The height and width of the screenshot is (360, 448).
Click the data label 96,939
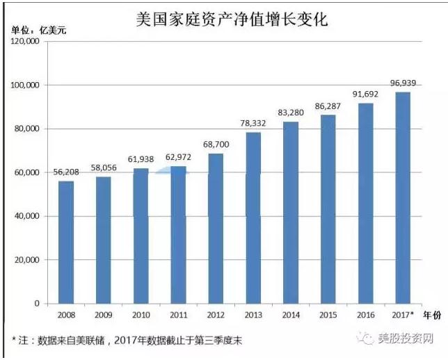click(x=403, y=83)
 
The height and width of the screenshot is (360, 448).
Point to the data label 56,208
click(x=66, y=172)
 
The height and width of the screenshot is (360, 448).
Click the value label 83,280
click(x=291, y=113)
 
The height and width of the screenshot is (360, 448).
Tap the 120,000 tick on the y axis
click(x=25, y=41)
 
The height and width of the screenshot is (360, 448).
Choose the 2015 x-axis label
click(x=328, y=315)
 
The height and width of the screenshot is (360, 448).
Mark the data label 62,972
click(x=179, y=158)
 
